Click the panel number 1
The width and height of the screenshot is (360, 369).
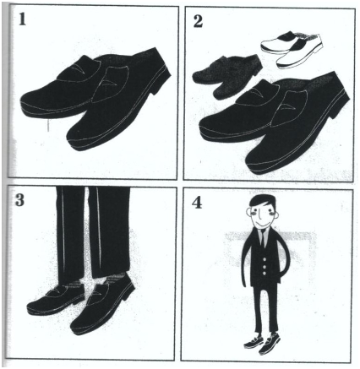pyautogui.click(x=23, y=20)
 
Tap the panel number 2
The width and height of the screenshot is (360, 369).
pyautogui.click(x=198, y=21)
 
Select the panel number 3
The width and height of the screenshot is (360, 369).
pyautogui.click(x=19, y=200)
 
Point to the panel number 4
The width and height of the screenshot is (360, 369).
pyautogui.click(x=197, y=203)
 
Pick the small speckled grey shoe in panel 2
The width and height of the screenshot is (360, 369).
pyautogui.click(x=227, y=75)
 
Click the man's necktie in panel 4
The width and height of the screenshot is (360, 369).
pyautogui.click(x=262, y=238)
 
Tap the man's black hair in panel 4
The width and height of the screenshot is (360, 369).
pyautogui.click(x=263, y=201)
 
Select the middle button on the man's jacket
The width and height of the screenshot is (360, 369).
pyautogui.click(x=264, y=267)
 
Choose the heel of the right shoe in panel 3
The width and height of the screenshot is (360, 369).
pyautogui.click(x=129, y=293)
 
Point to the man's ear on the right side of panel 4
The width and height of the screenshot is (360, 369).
pyautogui.click(x=276, y=216)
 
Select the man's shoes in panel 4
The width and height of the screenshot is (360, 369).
pyautogui.click(x=262, y=342)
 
